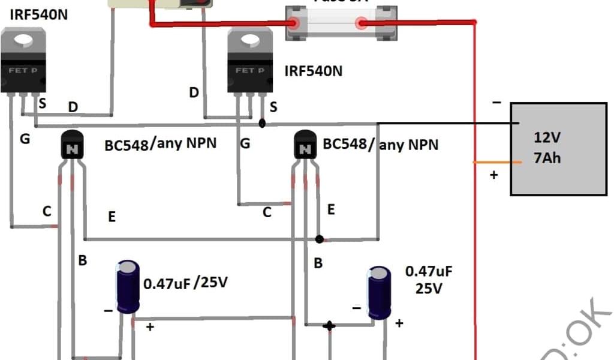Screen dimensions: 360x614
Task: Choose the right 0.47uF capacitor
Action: click(379, 294)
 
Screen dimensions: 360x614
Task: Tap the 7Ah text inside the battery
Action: click(547, 160)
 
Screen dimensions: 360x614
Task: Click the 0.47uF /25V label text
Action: click(185, 281)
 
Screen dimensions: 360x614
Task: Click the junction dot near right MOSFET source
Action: click(262, 124)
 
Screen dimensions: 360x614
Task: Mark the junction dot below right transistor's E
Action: click(320, 239)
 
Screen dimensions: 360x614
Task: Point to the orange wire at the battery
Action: click(495, 162)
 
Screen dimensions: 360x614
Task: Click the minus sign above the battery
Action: click(496, 103)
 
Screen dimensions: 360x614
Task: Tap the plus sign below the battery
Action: click(495, 176)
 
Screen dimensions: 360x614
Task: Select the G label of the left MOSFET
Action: click(25, 140)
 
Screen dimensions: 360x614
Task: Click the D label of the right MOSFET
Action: click(194, 92)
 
